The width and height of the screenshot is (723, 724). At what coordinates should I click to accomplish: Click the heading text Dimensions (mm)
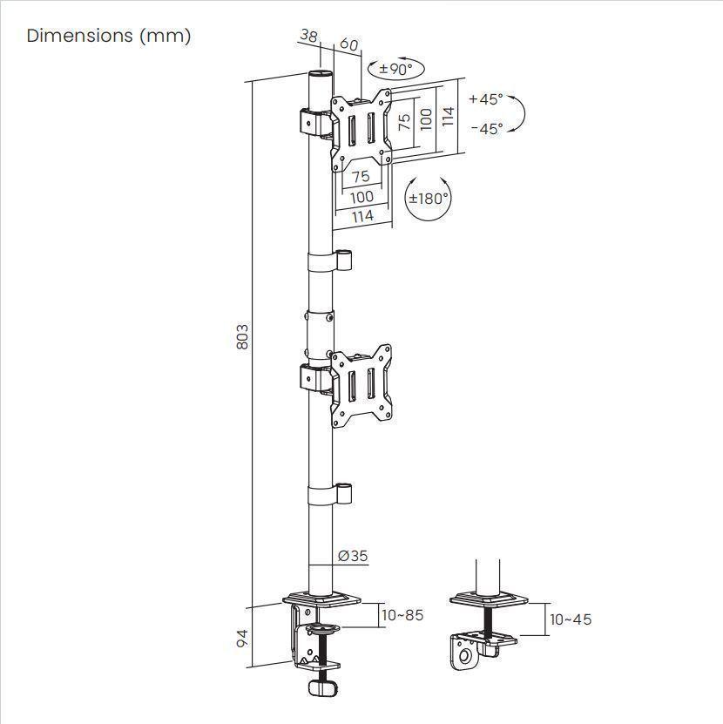click(109, 36)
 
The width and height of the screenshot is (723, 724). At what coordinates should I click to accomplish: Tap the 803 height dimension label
click(243, 337)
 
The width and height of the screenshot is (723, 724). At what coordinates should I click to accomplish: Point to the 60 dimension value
click(348, 44)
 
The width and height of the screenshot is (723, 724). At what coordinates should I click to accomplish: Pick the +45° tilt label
click(486, 98)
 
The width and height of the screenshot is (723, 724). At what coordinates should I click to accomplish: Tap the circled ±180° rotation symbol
click(429, 199)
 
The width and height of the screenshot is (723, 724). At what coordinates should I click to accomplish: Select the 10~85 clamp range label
click(402, 615)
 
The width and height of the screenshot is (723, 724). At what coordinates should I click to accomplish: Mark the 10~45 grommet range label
click(571, 619)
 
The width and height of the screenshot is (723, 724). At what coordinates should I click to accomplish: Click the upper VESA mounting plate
click(361, 129)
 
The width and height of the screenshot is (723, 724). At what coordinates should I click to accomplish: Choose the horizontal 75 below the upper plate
click(361, 177)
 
